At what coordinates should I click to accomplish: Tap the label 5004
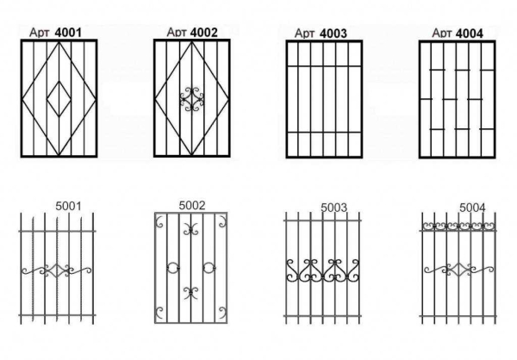(471, 208)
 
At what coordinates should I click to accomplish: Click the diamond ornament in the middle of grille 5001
(59, 271)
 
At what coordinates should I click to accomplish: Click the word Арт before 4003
(304, 34)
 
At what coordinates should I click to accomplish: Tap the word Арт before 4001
(40, 34)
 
